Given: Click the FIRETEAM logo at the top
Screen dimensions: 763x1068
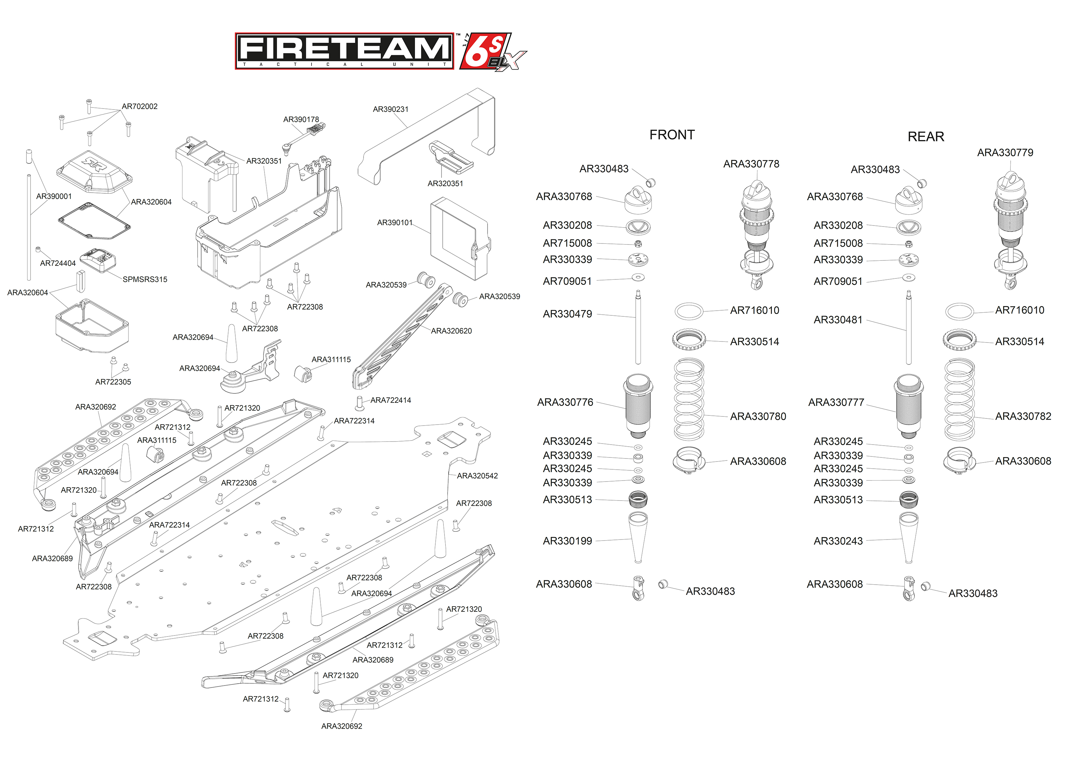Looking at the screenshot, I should click(344, 51).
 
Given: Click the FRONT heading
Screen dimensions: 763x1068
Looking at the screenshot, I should click(672, 135).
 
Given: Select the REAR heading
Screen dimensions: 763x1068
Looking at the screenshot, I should click(925, 137).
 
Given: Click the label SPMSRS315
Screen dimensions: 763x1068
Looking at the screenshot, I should click(145, 279).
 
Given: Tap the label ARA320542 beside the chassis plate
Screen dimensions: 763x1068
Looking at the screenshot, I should click(477, 476).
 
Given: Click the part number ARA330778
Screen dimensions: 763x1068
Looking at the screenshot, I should click(751, 164).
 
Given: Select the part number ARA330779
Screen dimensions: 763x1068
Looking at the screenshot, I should click(1005, 153).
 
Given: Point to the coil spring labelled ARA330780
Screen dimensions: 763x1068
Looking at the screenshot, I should click(689, 399).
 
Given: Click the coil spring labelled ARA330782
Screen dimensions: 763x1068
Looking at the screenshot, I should click(959, 399).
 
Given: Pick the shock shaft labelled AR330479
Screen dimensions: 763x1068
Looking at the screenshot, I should click(638, 329).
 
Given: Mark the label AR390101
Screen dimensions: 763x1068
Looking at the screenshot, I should click(395, 223).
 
